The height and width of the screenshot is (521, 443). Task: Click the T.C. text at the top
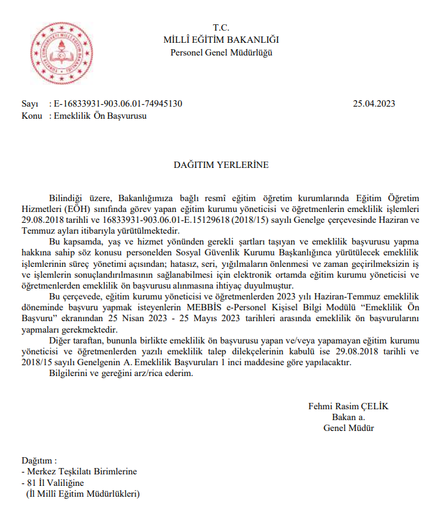pyautogui.click(x=221, y=27)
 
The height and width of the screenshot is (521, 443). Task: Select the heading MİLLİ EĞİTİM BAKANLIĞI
pyautogui.click(x=221, y=40)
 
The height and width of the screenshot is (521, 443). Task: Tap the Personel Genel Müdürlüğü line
pyautogui.click(x=221, y=52)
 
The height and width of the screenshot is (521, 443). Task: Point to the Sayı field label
pyautogui.click(x=30, y=103)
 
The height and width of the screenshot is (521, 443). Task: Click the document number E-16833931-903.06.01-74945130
pyautogui.click(x=118, y=103)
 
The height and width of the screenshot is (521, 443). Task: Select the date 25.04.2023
pyautogui.click(x=374, y=103)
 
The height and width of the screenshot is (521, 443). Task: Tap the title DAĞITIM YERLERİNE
pyautogui.click(x=221, y=165)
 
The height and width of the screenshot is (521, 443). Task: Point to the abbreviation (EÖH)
pyautogui.click(x=77, y=209)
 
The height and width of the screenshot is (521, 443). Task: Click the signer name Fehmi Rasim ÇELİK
pyautogui.click(x=348, y=406)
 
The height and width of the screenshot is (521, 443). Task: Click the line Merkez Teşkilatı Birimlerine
pyautogui.click(x=82, y=472)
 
